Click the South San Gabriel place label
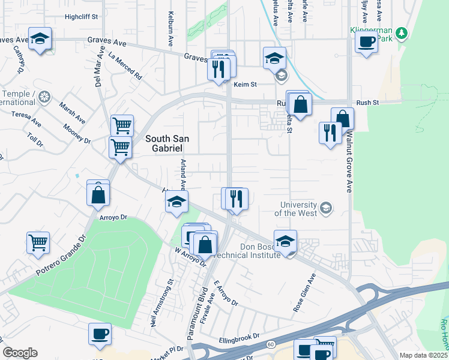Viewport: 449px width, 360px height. point(167,143)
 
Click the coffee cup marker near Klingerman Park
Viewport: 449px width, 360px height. point(366,41)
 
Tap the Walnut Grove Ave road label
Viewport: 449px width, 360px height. point(348,163)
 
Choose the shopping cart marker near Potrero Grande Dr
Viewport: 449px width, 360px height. point(38,242)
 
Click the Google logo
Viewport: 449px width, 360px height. point(20,353)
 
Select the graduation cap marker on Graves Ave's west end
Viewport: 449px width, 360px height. point(40,40)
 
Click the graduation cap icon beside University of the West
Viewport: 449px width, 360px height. point(326,208)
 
